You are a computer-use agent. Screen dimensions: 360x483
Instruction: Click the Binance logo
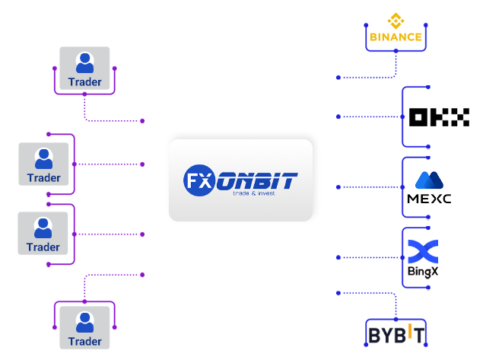(396, 27)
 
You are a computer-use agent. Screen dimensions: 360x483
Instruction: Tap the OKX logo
(439, 116)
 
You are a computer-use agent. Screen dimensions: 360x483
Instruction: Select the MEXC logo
(429, 187)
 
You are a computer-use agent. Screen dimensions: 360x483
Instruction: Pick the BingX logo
(423, 259)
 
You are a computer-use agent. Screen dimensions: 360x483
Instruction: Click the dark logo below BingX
(396, 333)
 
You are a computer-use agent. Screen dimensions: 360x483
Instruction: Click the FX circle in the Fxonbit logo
(198, 180)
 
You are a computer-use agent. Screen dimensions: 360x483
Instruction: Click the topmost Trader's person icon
(85, 62)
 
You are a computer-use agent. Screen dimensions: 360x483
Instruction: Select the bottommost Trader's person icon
(85, 321)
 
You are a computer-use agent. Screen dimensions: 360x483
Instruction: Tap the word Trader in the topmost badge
(84, 81)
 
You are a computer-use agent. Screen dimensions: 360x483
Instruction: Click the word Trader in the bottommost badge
(84, 341)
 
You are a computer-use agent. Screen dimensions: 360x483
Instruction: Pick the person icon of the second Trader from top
(43, 158)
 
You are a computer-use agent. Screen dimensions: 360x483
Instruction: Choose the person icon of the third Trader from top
(43, 227)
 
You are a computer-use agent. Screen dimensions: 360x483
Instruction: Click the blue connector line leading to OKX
(364, 116)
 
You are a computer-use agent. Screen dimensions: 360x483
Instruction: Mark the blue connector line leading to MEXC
(364, 187)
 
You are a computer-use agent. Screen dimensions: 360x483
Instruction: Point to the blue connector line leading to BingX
(364, 257)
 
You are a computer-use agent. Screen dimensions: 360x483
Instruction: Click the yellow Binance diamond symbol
(396, 21)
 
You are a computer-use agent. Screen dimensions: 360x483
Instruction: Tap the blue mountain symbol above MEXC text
(429, 180)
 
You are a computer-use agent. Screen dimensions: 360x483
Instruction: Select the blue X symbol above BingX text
(423, 250)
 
